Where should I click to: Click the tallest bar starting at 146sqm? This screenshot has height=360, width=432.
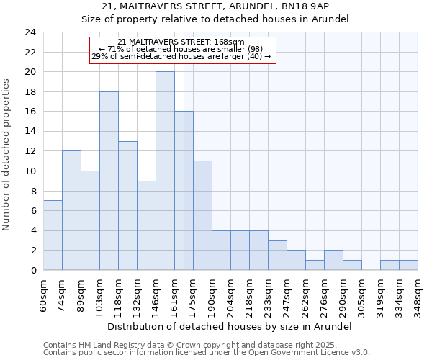[165, 171]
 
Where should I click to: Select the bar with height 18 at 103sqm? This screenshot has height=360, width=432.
[109, 181]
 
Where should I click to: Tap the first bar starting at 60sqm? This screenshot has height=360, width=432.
[53, 235]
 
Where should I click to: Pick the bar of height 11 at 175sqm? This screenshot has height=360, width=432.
[202, 215]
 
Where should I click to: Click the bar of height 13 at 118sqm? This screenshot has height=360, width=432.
[127, 205]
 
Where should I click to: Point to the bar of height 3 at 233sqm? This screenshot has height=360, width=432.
[277, 255]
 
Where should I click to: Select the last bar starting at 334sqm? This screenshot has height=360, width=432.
[408, 265]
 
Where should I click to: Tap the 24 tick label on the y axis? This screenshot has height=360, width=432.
[30, 32]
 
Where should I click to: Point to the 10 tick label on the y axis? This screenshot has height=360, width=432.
[30, 171]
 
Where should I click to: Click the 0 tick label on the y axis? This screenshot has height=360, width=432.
[32, 270]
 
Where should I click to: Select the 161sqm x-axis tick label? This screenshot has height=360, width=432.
[175, 293]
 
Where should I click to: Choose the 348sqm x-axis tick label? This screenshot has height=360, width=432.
[418, 293]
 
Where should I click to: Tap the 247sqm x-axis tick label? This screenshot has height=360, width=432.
[287, 293]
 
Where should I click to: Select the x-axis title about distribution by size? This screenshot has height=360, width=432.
[230, 326]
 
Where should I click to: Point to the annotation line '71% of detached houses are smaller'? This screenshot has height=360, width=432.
[181, 49]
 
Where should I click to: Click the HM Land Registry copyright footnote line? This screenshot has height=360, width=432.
[205, 345]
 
